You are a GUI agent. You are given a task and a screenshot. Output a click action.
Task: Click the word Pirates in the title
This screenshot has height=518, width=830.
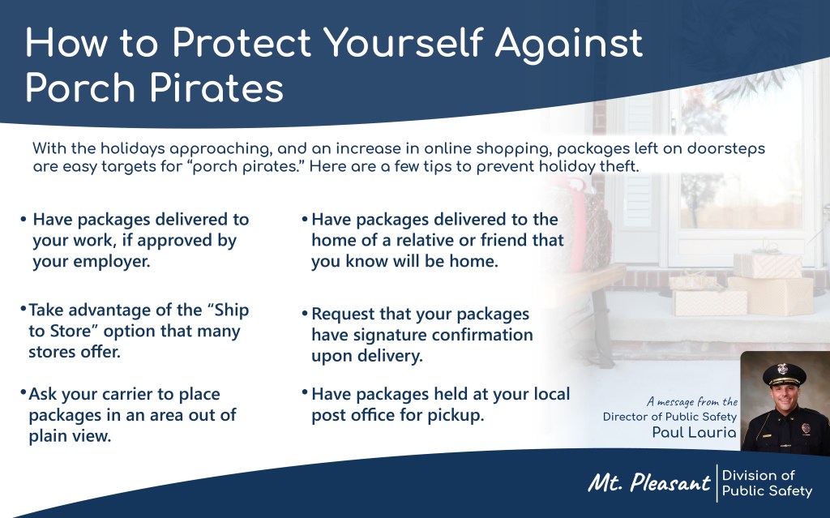point(216,88)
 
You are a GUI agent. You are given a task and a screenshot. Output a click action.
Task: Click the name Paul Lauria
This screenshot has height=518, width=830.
point(694,432)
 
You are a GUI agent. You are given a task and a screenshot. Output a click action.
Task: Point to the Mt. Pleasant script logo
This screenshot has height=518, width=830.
point(649,482)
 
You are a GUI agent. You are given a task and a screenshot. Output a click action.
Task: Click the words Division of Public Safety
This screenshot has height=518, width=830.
point(767,483)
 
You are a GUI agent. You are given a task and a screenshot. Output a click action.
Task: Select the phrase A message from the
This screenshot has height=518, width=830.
point(692,401)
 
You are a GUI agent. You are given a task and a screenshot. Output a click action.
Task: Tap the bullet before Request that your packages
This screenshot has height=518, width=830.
point(305,314)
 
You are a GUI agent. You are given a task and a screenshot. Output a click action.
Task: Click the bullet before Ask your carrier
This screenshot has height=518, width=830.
point(24,393)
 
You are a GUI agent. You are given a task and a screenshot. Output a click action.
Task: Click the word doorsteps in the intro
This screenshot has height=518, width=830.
point(725,149)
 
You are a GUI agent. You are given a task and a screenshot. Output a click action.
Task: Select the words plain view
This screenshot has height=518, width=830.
point(70,436)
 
